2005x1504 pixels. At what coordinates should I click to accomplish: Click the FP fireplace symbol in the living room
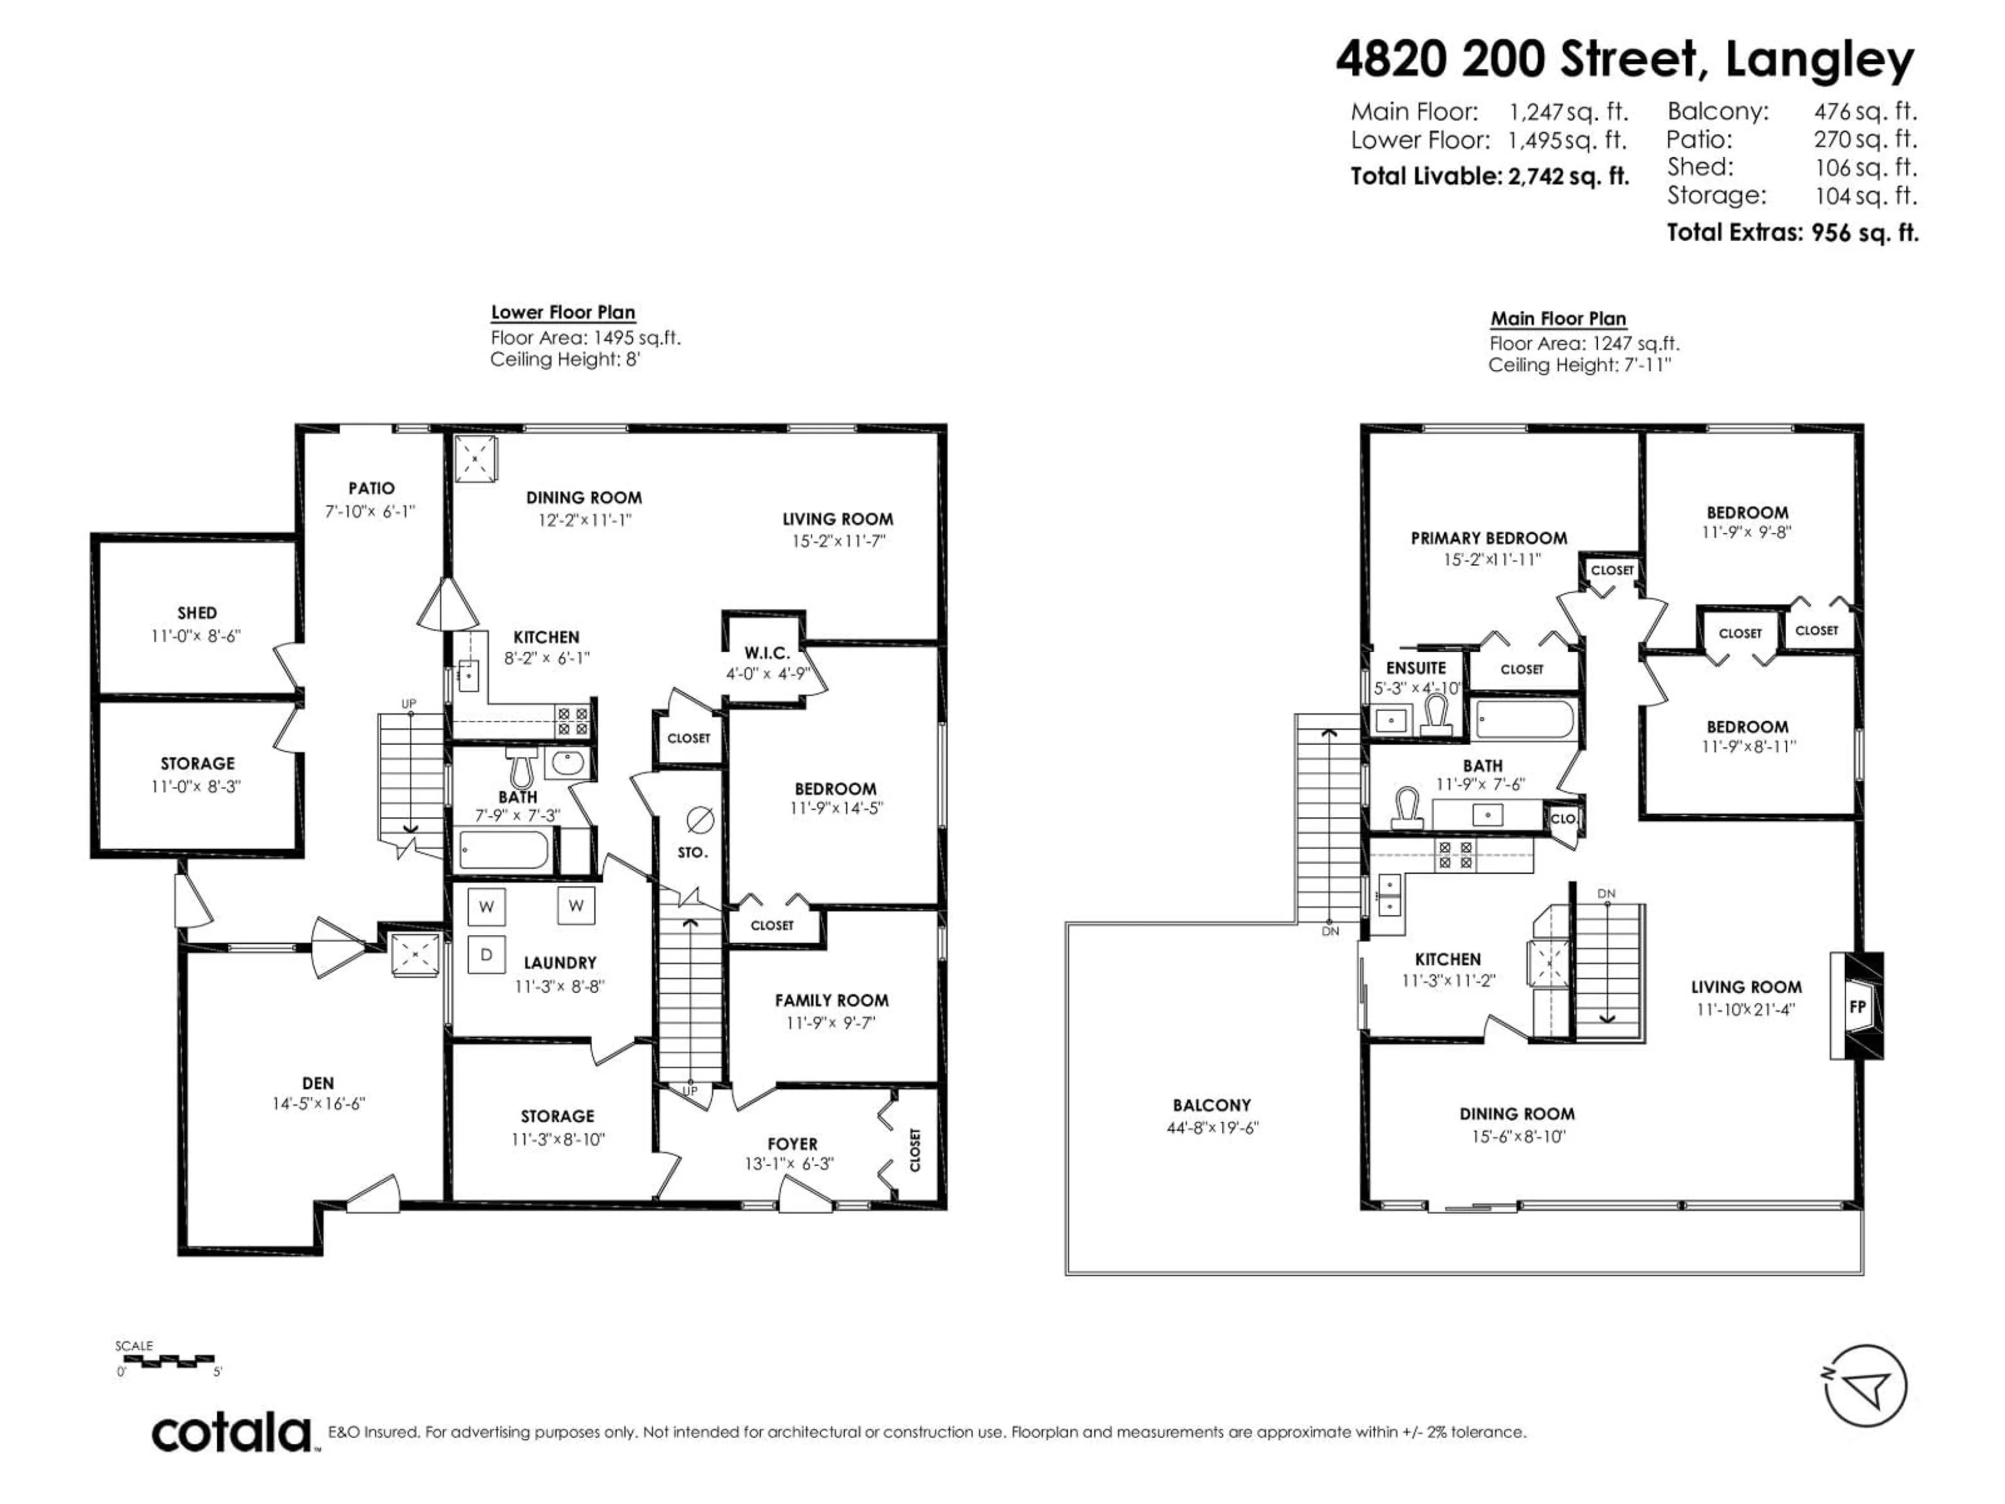pyautogui.click(x=1856, y=1006)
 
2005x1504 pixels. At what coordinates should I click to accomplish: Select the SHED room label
pyautogui.click(x=197, y=613)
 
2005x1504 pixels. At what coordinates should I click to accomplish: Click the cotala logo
pyautogui.click(x=232, y=1433)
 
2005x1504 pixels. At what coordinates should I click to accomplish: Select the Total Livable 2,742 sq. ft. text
pyautogui.click(x=1489, y=176)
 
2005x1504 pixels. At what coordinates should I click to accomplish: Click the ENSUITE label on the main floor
pyautogui.click(x=1416, y=667)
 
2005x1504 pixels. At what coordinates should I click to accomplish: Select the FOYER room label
pyautogui.click(x=792, y=1144)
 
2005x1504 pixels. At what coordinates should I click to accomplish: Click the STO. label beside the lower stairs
pyautogui.click(x=692, y=852)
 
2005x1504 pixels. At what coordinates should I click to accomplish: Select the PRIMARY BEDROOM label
pyautogui.click(x=1488, y=537)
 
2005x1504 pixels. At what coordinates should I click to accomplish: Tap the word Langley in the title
pyautogui.click(x=1819, y=60)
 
